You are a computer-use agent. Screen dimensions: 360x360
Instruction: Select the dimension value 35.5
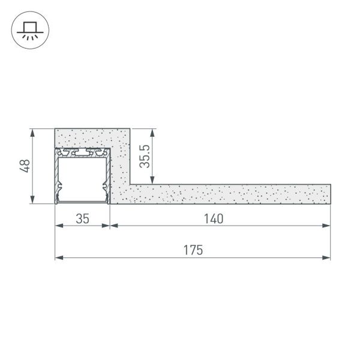click(144, 155)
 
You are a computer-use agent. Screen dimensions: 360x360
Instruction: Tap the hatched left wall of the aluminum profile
click(58, 177)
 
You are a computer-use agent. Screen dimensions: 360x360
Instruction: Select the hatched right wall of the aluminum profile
click(107, 177)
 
